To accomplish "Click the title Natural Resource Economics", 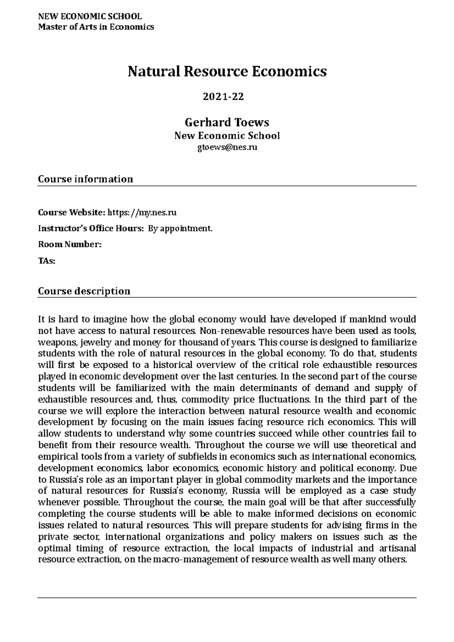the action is pyautogui.click(x=227, y=71).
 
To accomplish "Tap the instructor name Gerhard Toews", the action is pyautogui.click(x=227, y=123).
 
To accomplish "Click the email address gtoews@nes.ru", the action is pyautogui.click(x=227, y=147).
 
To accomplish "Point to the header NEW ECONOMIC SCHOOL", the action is pyautogui.click(x=90, y=17).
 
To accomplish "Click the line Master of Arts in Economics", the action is pyautogui.click(x=96, y=27).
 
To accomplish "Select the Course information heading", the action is pyautogui.click(x=86, y=179).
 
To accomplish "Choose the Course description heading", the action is pyautogui.click(x=84, y=291).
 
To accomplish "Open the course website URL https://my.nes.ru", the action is pyautogui.click(x=142, y=212).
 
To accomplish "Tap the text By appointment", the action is pyautogui.click(x=180, y=229).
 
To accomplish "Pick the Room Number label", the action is pyautogui.click(x=70, y=245).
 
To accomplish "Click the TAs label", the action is pyautogui.click(x=47, y=261).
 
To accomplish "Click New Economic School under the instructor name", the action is pyautogui.click(x=227, y=136).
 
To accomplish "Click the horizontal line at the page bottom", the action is pyautogui.click(x=227, y=598).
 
